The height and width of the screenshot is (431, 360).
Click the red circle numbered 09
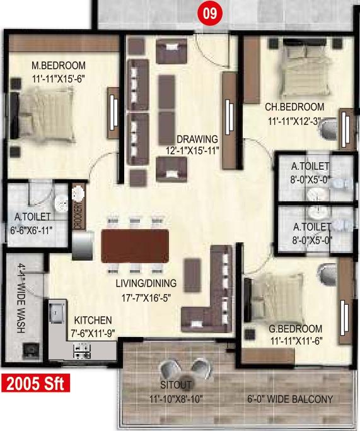click(x=210, y=13)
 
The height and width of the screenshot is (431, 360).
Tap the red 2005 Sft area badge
click(x=35, y=383)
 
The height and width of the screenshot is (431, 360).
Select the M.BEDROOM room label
click(x=59, y=66)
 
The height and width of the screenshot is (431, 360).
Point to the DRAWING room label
click(x=197, y=139)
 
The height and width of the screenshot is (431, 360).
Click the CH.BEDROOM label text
click(x=294, y=107)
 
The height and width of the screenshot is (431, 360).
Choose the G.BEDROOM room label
click(x=295, y=329)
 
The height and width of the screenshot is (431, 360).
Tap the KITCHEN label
click(x=93, y=320)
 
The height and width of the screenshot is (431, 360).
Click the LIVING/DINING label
click(x=146, y=283)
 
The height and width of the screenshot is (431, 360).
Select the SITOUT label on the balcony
click(x=176, y=385)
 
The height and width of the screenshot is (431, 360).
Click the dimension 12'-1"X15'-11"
click(x=192, y=151)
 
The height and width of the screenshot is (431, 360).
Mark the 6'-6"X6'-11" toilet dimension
click(x=31, y=230)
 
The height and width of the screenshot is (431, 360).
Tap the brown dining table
click(x=135, y=246)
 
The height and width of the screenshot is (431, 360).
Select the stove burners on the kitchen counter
click(x=82, y=351)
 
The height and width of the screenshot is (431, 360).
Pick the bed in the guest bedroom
click(x=275, y=298)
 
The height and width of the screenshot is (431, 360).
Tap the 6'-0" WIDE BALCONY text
click(x=290, y=399)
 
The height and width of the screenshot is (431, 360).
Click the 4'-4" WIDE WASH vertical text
click(x=21, y=298)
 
